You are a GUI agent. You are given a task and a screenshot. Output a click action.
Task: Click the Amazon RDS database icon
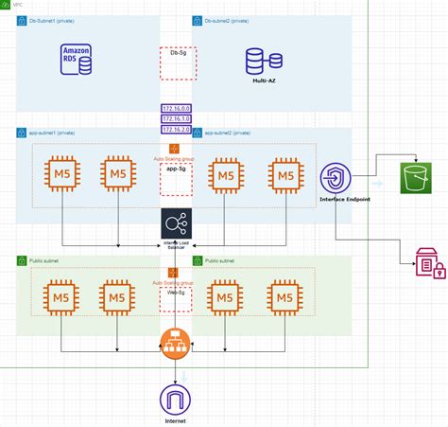77,60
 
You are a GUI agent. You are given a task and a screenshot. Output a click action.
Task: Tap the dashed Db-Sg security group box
176,62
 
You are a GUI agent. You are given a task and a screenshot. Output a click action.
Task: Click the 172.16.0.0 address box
176,108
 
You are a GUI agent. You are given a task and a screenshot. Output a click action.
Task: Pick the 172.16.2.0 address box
176,129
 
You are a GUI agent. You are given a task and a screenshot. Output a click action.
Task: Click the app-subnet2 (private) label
233,133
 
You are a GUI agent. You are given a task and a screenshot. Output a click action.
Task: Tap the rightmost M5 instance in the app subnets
285,174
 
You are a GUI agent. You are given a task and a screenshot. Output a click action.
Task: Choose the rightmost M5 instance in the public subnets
285,296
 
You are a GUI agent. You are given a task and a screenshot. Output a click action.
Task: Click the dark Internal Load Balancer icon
176,224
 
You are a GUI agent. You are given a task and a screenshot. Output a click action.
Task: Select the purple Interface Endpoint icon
337,179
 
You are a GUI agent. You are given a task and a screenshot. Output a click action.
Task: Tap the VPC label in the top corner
17,5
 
